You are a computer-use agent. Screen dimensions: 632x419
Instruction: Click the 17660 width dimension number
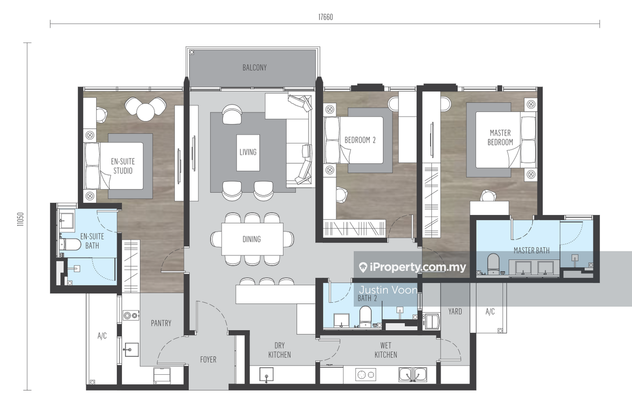pos(326,17)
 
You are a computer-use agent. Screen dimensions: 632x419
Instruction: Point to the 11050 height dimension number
pos(21,219)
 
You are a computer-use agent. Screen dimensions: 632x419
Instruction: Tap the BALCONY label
pos(255,68)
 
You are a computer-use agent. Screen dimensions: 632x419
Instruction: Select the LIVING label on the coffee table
pos(248,152)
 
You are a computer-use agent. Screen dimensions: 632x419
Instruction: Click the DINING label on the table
pos(251,239)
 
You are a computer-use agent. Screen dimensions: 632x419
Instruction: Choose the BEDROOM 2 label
pos(360,140)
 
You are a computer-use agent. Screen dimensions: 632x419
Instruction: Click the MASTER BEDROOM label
pos(500,138)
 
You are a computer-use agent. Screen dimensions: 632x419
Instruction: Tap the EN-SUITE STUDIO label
pos(123,166)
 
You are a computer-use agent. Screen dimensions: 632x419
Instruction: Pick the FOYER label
pos(208,359)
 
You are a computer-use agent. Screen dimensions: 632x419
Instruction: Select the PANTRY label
pos(161,323)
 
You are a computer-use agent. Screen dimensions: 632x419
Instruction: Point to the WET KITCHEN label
pos(386,350)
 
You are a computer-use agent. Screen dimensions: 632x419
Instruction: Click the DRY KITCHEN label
pos(280,350)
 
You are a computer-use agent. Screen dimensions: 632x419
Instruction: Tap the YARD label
pos(455,312)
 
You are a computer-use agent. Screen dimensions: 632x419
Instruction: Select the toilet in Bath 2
pos(365,317)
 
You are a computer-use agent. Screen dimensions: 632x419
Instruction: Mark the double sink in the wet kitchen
pos(413,374)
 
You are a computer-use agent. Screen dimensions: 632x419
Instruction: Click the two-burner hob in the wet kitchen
pos(366,375)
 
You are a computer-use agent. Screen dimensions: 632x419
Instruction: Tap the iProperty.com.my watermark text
pos(412,267)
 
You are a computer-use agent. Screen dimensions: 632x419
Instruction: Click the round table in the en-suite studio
pos(146,112)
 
